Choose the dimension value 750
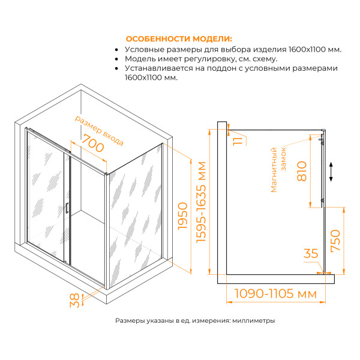336,242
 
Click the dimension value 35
311,254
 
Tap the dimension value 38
74,299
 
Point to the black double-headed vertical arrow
331,172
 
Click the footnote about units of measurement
195,321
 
